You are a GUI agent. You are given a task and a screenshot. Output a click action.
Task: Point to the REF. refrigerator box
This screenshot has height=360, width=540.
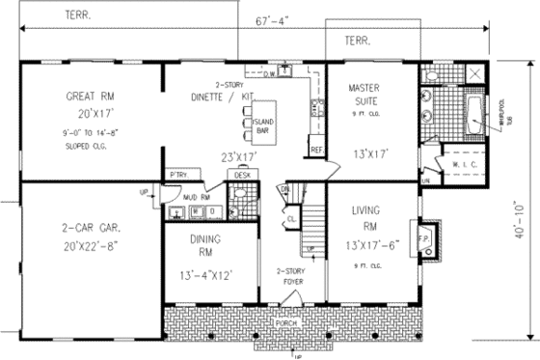315,150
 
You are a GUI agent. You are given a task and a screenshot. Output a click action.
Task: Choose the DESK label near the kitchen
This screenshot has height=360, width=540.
240,175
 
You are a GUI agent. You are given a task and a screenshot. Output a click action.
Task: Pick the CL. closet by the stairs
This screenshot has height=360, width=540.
291,219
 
